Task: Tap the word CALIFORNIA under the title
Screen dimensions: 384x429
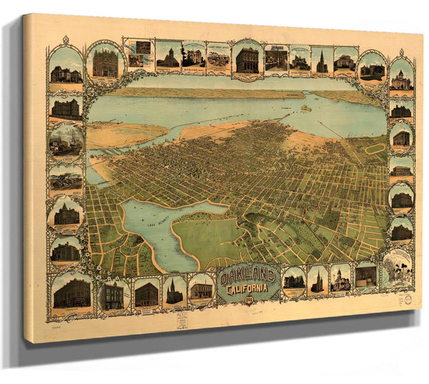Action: tap(250, 288)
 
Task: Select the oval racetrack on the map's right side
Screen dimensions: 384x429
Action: tap(375, 149)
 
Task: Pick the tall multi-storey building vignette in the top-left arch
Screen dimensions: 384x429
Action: tap(105, 63)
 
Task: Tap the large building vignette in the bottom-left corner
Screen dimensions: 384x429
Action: tap(71, 293)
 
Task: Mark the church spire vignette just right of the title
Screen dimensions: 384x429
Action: tap(317, 281)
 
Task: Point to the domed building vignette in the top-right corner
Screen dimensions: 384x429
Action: tap(401, 79)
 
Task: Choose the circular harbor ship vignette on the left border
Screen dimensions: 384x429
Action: tap(66, 139)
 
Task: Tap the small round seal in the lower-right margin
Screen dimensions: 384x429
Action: tap(408, 302)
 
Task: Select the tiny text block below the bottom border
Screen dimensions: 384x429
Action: tap(182, 319)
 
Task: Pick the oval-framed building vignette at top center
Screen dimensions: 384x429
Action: tap(247, 59)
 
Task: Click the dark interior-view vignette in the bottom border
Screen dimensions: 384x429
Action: tap(365, 275)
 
